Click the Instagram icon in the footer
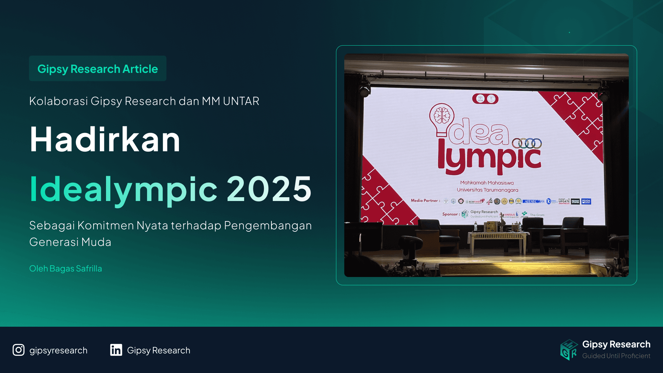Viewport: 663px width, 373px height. (x=19, y=350)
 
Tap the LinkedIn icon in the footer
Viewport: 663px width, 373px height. (x=116, y=350)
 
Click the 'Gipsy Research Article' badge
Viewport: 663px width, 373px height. (x=97, y=69)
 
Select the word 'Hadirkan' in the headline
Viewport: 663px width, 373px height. (x=105, y=140)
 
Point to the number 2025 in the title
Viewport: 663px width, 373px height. (x=269, y=189)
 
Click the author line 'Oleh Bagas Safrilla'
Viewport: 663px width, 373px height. (x=66, y=268)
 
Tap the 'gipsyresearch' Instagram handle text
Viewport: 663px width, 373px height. (x=58, y=350)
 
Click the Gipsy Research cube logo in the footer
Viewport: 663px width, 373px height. (x=569, y=350)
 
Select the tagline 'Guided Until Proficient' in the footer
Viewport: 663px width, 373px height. (x=616, y=356)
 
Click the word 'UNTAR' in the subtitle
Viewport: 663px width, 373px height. (x=241, y=101)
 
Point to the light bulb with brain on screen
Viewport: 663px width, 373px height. (x=441, y=118)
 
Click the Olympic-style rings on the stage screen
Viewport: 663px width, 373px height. (x=527, y=143)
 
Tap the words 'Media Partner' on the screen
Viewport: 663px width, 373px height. (x=425, y=201)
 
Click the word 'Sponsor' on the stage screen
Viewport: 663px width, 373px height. (x=450, y=214)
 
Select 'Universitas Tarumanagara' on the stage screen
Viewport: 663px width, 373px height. (x=487, y=190)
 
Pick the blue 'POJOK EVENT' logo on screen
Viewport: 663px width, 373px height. (x=586, y=201)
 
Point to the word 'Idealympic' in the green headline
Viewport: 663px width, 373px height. (x=123, y=189)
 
